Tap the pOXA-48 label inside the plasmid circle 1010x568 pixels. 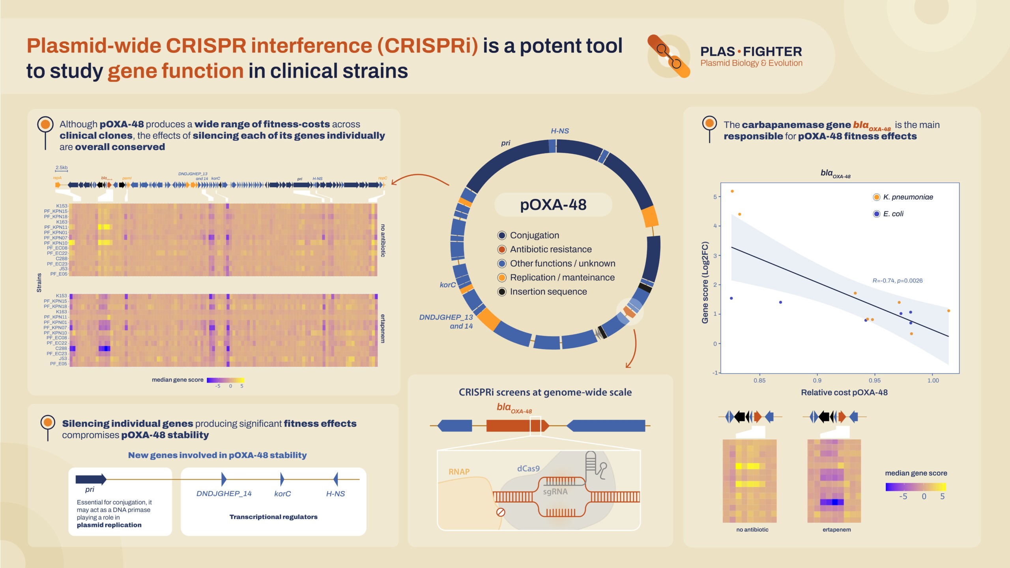pyautogui.click(x=553, y=205)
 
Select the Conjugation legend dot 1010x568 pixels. pyautogui.click(x=502, y=235)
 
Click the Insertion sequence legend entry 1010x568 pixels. pyautogui.click(x=548, y=292)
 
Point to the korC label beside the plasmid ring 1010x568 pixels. pyautogui.click(x=447, y=285)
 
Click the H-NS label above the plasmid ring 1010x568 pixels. pyautogui.click(x=559, y=131)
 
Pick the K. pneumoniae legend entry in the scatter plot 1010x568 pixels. pyautogui.click(x=907, y=197)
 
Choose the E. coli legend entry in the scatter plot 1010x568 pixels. pyautogui.click(x=893, y=214)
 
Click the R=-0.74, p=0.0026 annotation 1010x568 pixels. pyautogui.click(x=897, y=281)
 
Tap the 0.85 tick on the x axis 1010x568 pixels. pyautogui.click(x=759, y=380)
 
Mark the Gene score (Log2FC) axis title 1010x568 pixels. pyautogui.click(x=705, y=282)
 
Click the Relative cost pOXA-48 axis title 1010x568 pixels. pyautogui.click(x=844, y=392)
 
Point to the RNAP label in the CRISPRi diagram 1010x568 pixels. pyautogui.click(x=459, y=472)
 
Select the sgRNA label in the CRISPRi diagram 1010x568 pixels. pyautogui.click(x=555, y=492)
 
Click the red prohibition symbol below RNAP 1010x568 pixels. pyautogui.click(x=500, y=512)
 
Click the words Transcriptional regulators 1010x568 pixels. pyautogui.click(x=273, y=517)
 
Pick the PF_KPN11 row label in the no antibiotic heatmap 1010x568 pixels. pyautogui.click(x=56, y=227)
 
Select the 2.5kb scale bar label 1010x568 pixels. pyautogui.click(x=62, y=168)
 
